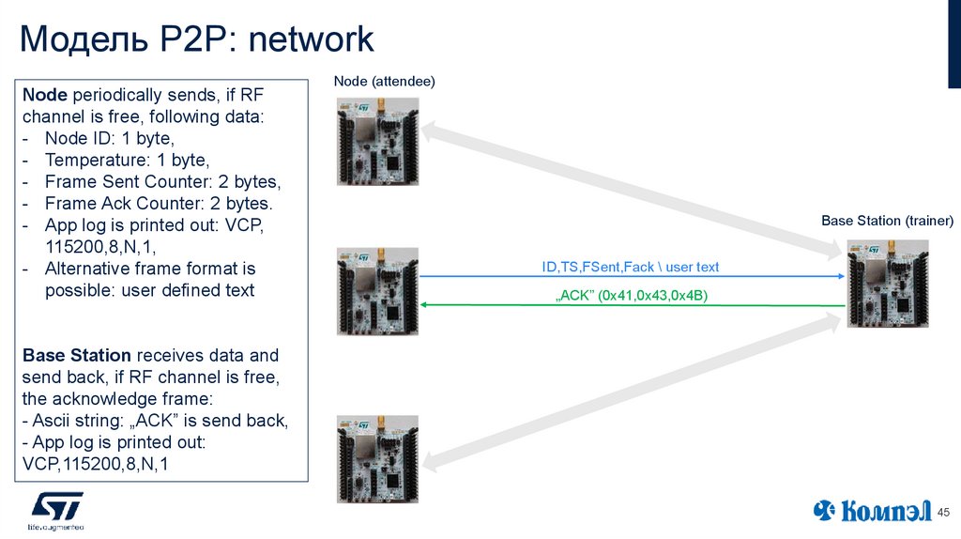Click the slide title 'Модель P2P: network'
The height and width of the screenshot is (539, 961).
197,39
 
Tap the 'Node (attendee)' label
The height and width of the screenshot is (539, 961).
385,83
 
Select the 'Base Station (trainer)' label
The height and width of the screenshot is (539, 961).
887,221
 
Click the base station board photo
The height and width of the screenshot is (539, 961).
887,284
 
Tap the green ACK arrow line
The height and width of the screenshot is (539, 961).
629,305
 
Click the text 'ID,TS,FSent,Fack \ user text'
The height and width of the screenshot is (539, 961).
630,267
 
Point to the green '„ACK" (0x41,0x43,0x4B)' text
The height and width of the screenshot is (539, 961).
632,295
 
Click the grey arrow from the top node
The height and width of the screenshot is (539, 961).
629,188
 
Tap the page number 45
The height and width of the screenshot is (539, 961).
943,511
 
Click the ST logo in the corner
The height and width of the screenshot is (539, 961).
57,509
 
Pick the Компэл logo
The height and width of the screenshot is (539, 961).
872,511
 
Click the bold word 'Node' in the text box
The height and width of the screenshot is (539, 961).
44,95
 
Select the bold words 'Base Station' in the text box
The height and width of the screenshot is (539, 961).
77,356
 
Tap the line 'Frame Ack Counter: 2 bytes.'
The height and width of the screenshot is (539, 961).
159,203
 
